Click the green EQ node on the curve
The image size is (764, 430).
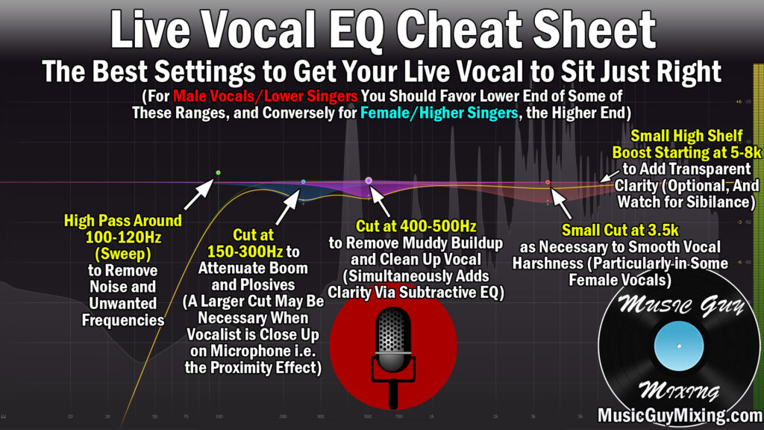coord(218,172)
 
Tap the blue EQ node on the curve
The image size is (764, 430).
coord(303,181)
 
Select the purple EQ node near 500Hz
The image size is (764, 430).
coord(369,181)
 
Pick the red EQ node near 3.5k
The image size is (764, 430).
coord(548,182)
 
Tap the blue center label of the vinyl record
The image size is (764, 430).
coord(679,347)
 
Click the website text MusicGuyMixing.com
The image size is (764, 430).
coord(678,415)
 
